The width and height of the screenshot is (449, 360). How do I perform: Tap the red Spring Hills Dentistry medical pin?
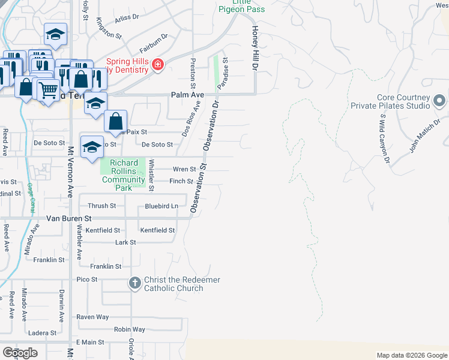158,64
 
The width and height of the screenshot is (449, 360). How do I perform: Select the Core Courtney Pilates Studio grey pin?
439,100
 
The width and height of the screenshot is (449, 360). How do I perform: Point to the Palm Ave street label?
187,95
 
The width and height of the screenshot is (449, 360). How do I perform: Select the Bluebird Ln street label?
161,206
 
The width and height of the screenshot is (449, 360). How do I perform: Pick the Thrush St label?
102,206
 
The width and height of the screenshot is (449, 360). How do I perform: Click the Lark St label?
125,242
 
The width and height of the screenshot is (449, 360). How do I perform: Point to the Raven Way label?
92,317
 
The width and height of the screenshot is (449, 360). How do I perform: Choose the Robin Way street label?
130,329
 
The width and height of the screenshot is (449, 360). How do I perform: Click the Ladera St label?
43,333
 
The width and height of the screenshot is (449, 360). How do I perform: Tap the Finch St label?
181,181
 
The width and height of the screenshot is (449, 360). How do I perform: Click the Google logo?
20,353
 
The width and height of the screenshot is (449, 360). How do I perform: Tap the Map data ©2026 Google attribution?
412,355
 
